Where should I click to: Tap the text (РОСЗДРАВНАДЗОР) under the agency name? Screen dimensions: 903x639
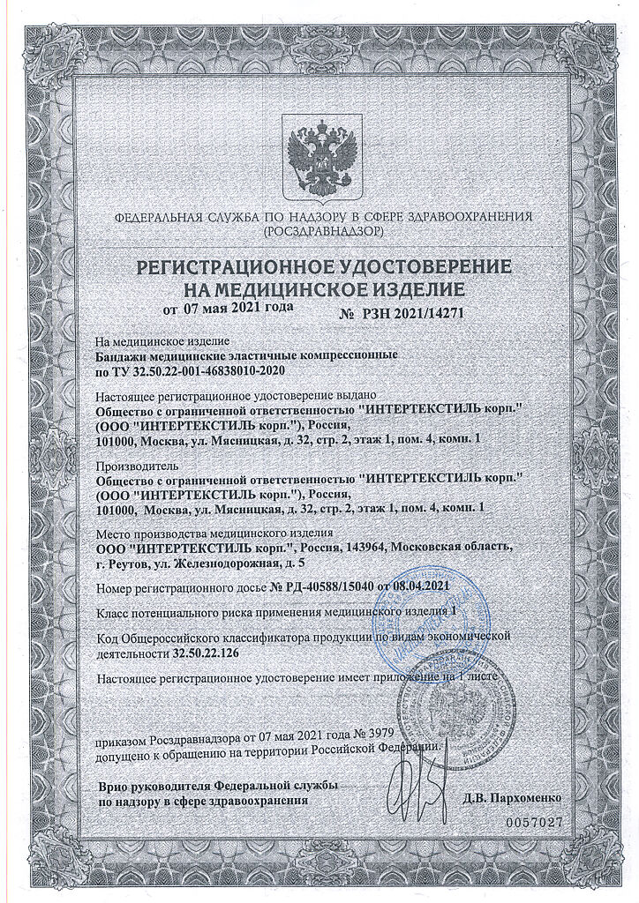point(323,231)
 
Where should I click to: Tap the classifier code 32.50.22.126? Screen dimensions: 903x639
point(205,653)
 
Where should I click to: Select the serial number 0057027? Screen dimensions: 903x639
point(533,821)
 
